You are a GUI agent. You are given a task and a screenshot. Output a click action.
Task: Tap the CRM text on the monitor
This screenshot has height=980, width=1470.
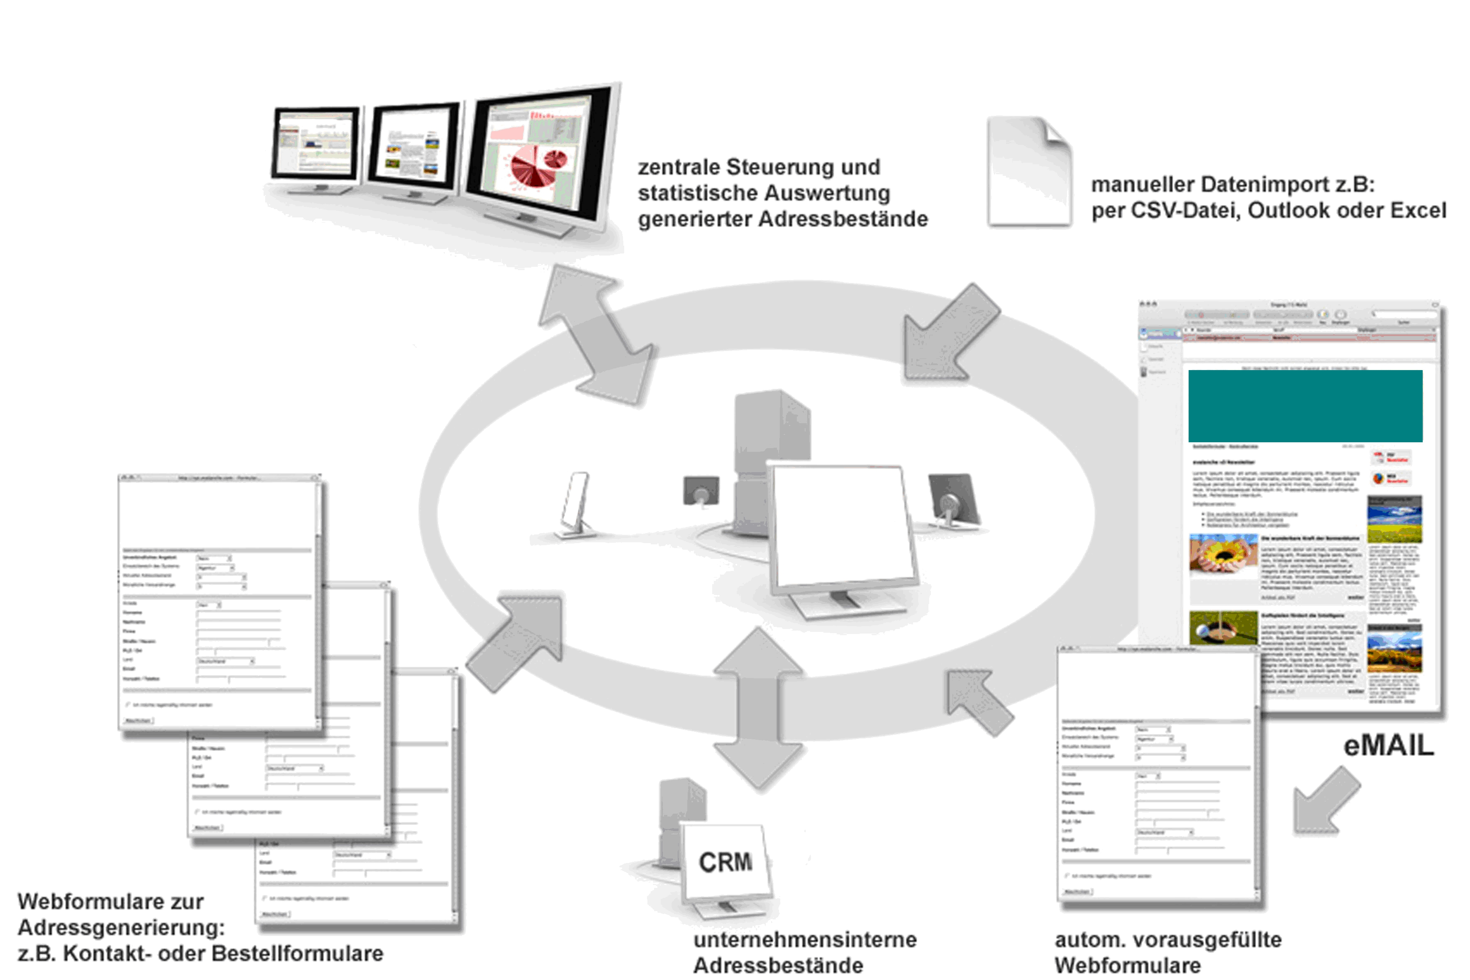(725, 863)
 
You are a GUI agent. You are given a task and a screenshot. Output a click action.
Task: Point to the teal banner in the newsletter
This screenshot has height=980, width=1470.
(1305, 406)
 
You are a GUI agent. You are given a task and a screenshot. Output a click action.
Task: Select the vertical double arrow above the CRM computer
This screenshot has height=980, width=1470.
(758, 710)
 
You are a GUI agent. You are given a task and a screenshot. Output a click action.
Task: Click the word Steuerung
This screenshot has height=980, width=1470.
(803, 168)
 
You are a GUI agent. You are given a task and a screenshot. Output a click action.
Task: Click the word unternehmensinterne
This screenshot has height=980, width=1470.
(805, 940)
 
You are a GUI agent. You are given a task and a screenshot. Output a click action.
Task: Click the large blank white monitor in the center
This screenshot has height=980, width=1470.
(841, 525)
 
